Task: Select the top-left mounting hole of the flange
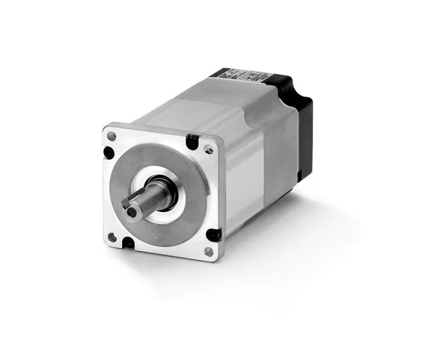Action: tap(111, 136)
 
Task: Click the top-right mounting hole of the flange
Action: tap(209, 149)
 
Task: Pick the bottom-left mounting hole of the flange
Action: tap(111, 236)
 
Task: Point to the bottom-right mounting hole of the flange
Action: tap(208, 251)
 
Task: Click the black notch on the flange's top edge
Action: tap(192, 142)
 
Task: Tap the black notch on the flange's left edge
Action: tap(109, 152)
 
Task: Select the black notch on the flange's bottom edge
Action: tap(128, 242)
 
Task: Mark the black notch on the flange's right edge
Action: tap(214, 234)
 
